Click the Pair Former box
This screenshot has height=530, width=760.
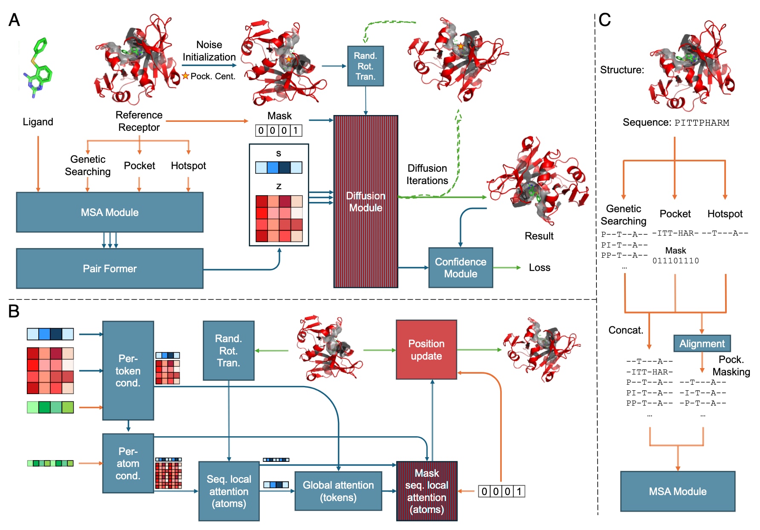click(109, 268)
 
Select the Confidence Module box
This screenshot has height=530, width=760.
click(461, 268)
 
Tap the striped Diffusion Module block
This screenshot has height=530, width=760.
click(366, 202)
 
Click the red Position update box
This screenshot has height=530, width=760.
click(426, 349)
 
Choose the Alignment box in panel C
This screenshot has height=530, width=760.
click(702, 343)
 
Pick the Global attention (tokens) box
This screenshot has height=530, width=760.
click(338, 491)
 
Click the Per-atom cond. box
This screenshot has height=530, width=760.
click(128, 463)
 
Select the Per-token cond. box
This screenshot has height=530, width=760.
click(128, 370)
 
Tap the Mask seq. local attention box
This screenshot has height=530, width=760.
click(426, 491)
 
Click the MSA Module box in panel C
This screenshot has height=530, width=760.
click(677, 491)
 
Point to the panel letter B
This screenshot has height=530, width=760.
click(14, 311)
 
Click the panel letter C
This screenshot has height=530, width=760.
click(605, 20)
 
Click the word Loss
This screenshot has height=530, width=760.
click(539, 268)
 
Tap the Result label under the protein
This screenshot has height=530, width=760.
click(539, 236)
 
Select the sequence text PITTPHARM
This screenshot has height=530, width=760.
click(702, 123)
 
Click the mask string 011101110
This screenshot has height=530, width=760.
click(676, 261)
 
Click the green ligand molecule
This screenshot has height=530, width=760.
click(38, 68)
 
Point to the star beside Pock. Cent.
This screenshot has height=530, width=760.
click(185, 76)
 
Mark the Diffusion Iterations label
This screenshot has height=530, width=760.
click(427, 174)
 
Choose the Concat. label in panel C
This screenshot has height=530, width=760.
click(625, 330)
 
